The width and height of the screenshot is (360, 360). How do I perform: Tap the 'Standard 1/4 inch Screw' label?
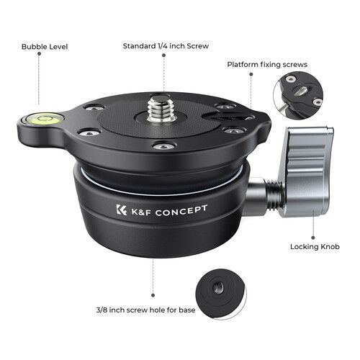click(165, 46)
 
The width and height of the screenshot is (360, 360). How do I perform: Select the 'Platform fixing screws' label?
click(267, 64)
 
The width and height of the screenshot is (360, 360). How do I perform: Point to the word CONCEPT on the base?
click(180, 209)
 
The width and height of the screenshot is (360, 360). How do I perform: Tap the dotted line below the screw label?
click(163, 72)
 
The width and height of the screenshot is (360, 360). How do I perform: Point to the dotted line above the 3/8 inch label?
click(153, 277)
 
